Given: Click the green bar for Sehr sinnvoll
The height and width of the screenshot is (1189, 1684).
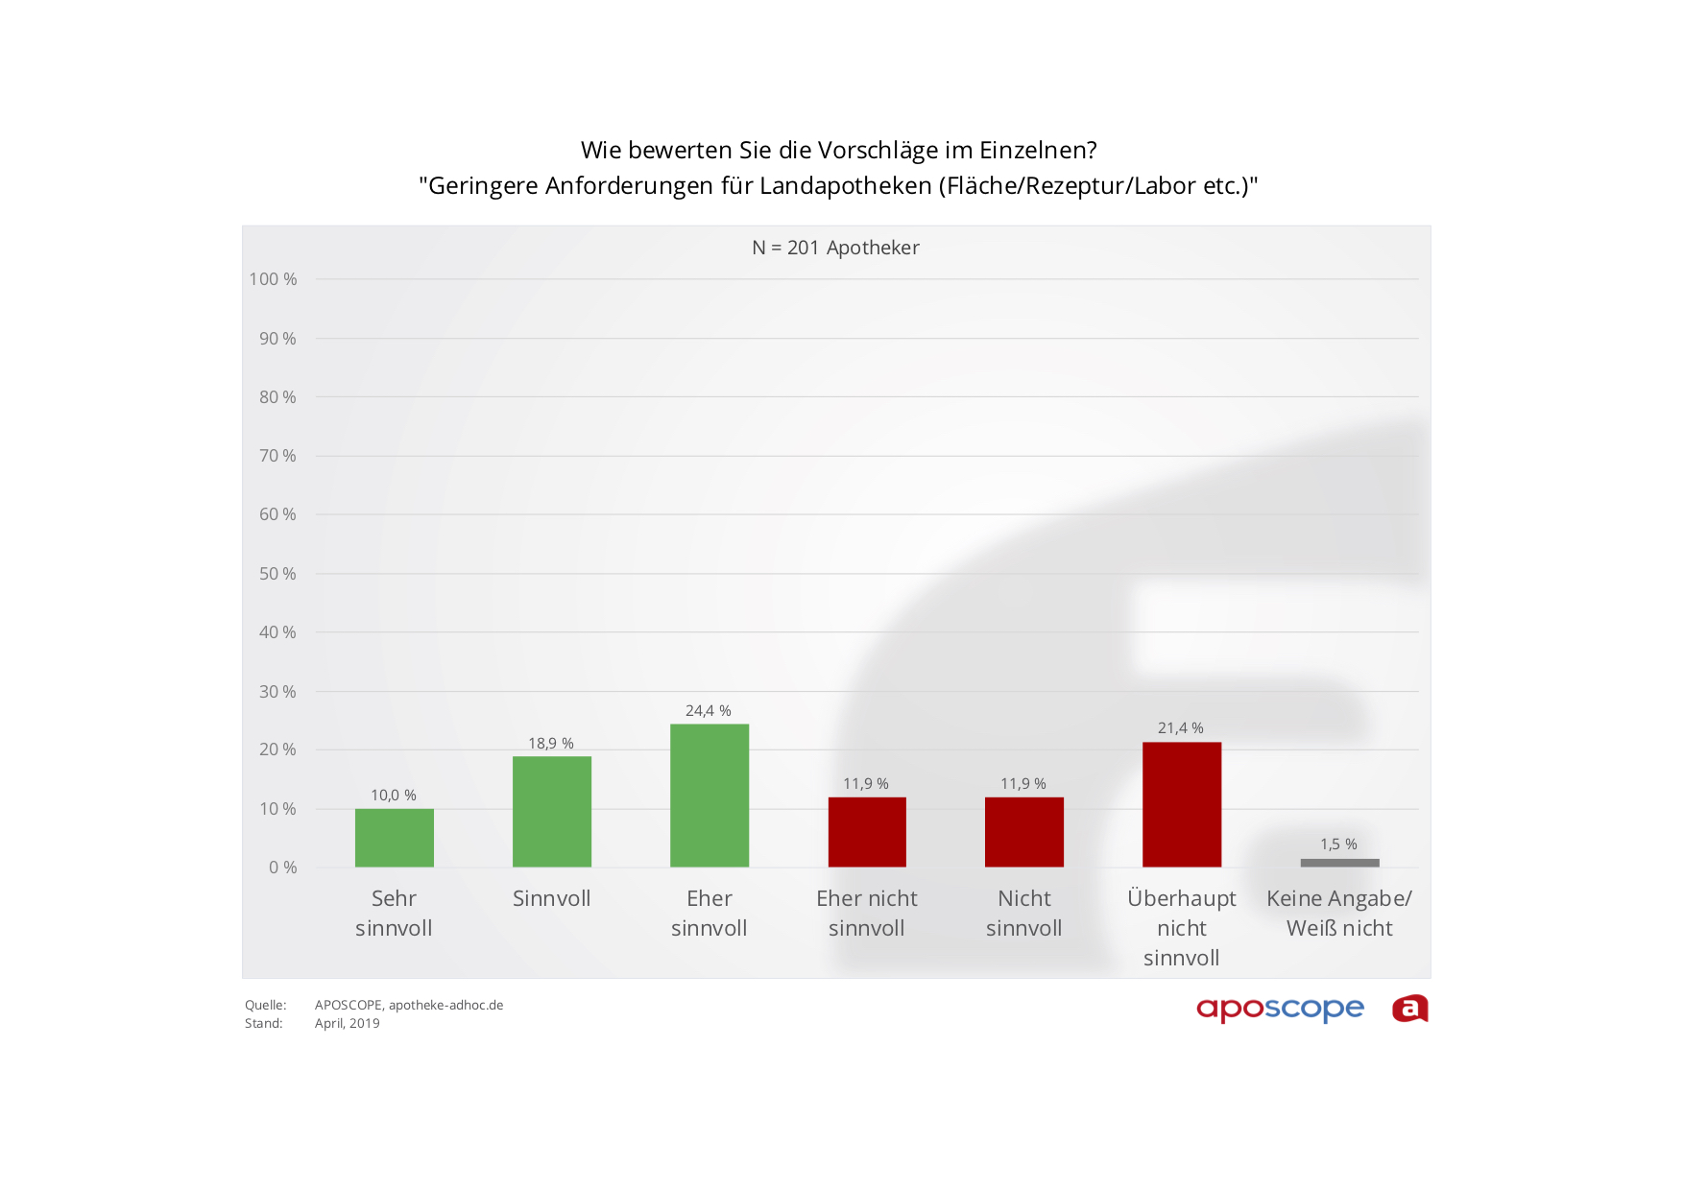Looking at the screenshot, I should pyautogui.click(x=394, y=838).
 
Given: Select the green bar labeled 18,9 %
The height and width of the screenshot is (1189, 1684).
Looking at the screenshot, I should pyautogui.click(x=551, y=812).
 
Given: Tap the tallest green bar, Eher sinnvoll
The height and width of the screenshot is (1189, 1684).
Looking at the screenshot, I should pyautogui.click(x=709, y=796).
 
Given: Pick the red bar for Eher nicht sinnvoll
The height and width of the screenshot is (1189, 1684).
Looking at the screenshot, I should pyautogui.click(x=867, y=832).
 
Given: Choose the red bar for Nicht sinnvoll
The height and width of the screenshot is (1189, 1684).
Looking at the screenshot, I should pyautogui.click(x=1023, y=832).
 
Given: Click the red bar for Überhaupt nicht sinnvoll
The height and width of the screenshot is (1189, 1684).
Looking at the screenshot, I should pyautogui.click(x=1181, y=804).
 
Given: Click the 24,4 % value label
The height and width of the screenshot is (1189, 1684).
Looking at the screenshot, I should pyautogui.click(x=708, y=711).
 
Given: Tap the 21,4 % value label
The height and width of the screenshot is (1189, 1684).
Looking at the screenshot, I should pyautogui.click(x=1180, y=728).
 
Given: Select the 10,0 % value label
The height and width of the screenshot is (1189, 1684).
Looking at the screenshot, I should pyautogui.click(x=394, y=796).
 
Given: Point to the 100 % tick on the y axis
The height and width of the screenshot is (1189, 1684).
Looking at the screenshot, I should pyautogui.click(x=274, y=279).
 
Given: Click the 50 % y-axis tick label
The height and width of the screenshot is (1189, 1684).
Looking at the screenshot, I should pyautogui.click(x=277, y=574).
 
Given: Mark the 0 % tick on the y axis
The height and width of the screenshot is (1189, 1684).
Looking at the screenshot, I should pyautogui.click(x=282, y=868).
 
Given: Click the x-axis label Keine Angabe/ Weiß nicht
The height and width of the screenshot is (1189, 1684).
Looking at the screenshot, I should pyautogui.click(x=1338, y=913).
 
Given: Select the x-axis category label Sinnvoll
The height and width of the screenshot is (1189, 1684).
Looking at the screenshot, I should pyautogui.click(x=551, y=898).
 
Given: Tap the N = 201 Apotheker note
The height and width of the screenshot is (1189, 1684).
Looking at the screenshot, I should pyautogui.click(x=835, y=248).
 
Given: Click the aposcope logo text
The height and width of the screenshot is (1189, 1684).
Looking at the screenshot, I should pyautogui.click(x=1280, y=1009).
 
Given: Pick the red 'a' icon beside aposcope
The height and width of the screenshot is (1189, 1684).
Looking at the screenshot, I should pyautogui.click(x=1409, y=1009).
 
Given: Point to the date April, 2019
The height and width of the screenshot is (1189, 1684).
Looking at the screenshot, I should pyautogui.click(x=347, y=1024).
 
